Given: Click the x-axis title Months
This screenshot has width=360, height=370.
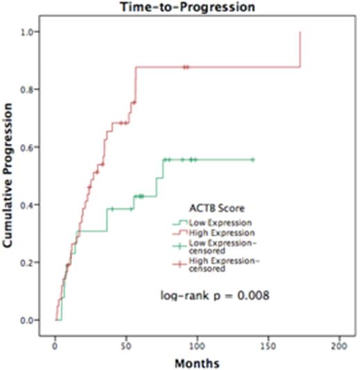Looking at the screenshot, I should tap(199, 361).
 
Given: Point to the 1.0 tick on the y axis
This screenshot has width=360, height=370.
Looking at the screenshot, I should tap(30, 33).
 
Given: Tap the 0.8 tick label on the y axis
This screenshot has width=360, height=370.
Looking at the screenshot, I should tap(30, 90).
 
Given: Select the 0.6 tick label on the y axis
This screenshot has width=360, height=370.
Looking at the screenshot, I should tap(30, 147).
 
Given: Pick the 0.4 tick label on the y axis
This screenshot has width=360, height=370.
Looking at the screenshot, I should tap(30, 205).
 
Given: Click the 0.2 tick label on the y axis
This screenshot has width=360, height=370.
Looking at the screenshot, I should tap(30, 263).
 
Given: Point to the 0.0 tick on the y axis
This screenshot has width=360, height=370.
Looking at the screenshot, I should tap(30, 320).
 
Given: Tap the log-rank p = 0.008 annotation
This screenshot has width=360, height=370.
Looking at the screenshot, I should tap(215, 295).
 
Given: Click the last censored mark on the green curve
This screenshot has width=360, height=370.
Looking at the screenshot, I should tap(253, 160).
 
